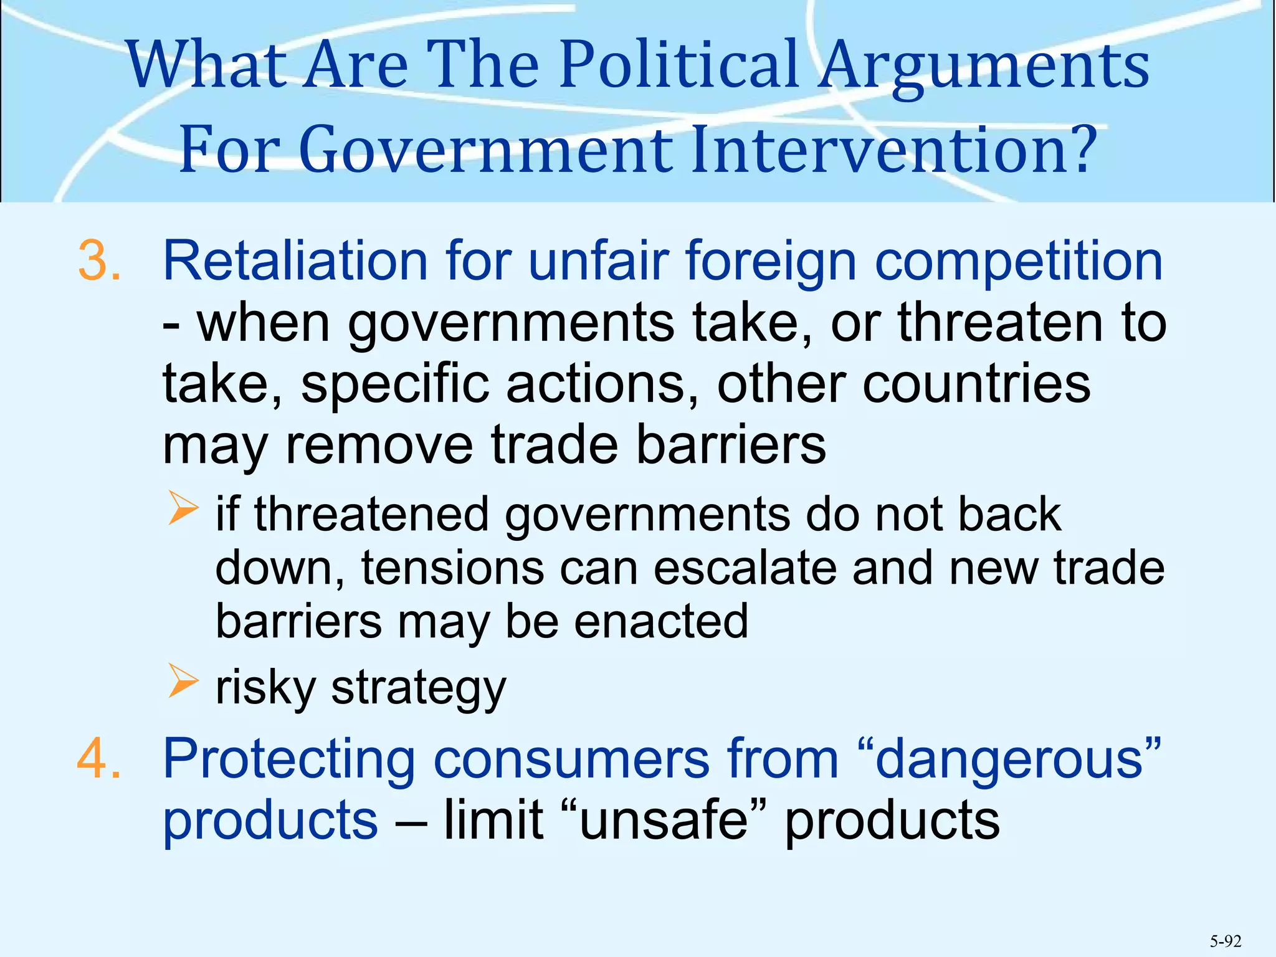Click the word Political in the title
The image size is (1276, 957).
tap(678, 65)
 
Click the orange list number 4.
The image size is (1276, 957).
tap(99, 758)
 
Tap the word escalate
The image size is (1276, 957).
tap(745, 568)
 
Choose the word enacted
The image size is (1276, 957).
tap(660, 622)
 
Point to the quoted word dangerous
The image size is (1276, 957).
tap(1009, 759)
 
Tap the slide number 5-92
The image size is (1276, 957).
tap(1226, 941)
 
